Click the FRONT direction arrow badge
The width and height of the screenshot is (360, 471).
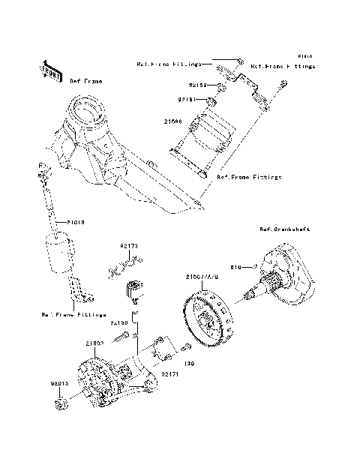pos(50,70)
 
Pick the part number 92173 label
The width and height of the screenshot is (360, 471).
pos(130,245)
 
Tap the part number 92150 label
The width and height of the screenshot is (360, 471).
pos(121,322)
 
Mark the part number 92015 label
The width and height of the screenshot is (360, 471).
pos(61,383)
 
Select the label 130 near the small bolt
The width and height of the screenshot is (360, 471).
pos(189,363)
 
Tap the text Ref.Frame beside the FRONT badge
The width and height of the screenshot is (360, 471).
pos(86,80)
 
